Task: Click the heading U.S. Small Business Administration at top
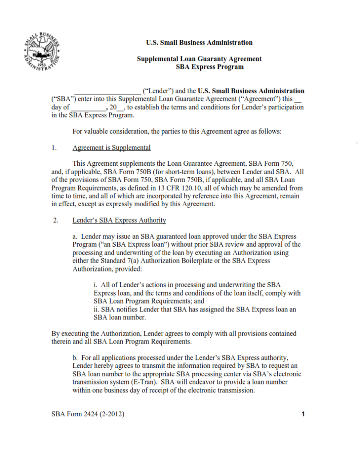click(x=199, y=43)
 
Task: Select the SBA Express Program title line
click(x=210, y=67)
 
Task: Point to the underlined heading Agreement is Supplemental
click(x=112, y=148)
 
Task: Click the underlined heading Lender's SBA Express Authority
click(x=119, y=220)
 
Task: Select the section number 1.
click(x=54, y=148)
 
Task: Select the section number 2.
click(x=55, y=220)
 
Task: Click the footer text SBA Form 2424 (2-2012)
click(x=88, y=415)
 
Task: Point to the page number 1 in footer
click(x=303, y=415)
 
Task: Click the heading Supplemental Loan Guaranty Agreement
click(x=199, y=59)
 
